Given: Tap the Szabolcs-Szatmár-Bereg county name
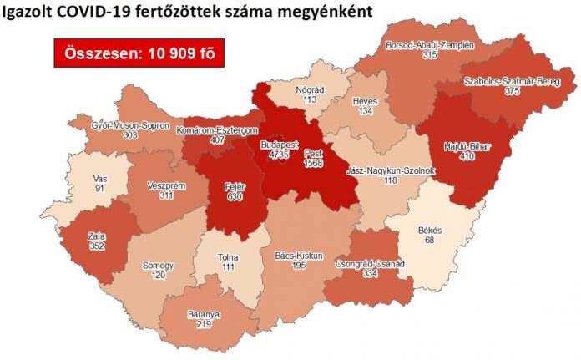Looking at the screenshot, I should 508,81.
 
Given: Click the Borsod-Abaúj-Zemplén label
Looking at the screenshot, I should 430,44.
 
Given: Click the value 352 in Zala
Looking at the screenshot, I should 98,246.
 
